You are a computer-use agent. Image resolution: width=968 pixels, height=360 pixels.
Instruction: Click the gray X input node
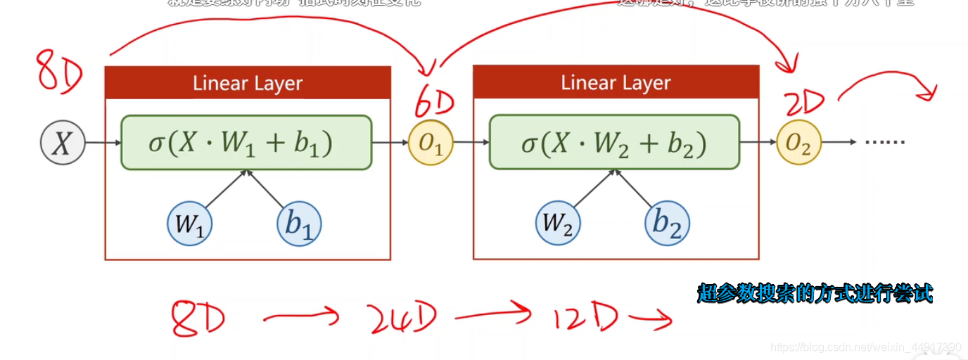point(62,143)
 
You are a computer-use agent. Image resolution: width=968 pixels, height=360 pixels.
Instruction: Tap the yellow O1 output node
point(431,143)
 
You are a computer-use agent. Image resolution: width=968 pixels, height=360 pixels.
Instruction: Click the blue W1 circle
point(189,224)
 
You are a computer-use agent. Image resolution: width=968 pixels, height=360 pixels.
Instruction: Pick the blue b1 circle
point(299,224)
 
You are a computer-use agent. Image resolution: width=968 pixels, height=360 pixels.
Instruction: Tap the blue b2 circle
point(667,224)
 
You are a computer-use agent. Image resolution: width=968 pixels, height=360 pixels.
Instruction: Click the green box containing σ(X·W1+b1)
point(246,143)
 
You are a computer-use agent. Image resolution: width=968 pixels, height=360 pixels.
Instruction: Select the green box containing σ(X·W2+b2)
point(614,143)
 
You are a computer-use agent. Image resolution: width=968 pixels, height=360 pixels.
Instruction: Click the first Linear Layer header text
point(248,84)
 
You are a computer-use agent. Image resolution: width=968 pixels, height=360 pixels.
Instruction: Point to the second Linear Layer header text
point(616,83)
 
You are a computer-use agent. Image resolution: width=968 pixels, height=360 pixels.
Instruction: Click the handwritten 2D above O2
point(804,104)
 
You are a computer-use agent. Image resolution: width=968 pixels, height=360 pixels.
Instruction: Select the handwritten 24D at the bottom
point(402,318)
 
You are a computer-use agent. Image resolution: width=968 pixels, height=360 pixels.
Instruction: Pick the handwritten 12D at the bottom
point(584,319)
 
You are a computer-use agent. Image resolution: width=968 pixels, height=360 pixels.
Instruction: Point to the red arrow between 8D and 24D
point(301,317)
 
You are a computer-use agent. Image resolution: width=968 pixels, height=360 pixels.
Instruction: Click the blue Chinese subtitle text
point(815,293)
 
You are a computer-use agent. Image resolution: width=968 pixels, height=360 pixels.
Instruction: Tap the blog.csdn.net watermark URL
point(865,347)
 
